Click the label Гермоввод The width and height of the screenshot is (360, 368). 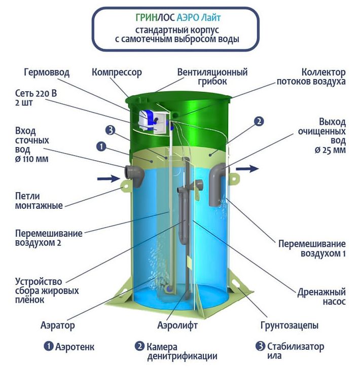(x=47, y=72)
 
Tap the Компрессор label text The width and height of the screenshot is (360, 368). (x=117, y=72)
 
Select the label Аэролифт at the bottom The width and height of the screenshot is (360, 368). (x=177, y=325)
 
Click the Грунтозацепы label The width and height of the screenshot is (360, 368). (x=290, y=325)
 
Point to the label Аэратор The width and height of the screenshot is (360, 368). (x=58, y=325)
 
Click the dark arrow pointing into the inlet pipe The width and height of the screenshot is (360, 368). (x=109, y=178)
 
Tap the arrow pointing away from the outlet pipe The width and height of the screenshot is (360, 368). (x=247, y=168)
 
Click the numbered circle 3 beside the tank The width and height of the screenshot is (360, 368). (x=110, y=130)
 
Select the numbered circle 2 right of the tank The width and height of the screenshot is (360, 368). (x=259, y=121)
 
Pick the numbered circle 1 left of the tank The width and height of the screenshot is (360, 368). (x=101, y=146)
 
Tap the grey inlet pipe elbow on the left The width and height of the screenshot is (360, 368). (x=135, y=175)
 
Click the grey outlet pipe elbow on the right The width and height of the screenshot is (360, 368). (x=217, y=185)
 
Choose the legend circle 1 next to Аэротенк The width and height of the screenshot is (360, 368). (x=49, y=346)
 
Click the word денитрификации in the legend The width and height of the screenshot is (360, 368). (x=182, y=356)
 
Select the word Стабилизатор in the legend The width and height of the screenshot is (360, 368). (x=296, y=346)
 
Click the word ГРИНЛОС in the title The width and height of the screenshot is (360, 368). (x=155, y=18)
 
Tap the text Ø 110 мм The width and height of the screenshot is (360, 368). (x=32, y=159)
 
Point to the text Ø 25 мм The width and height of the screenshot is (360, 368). (x=330, y=150)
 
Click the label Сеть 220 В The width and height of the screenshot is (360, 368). (x=36, y=93)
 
